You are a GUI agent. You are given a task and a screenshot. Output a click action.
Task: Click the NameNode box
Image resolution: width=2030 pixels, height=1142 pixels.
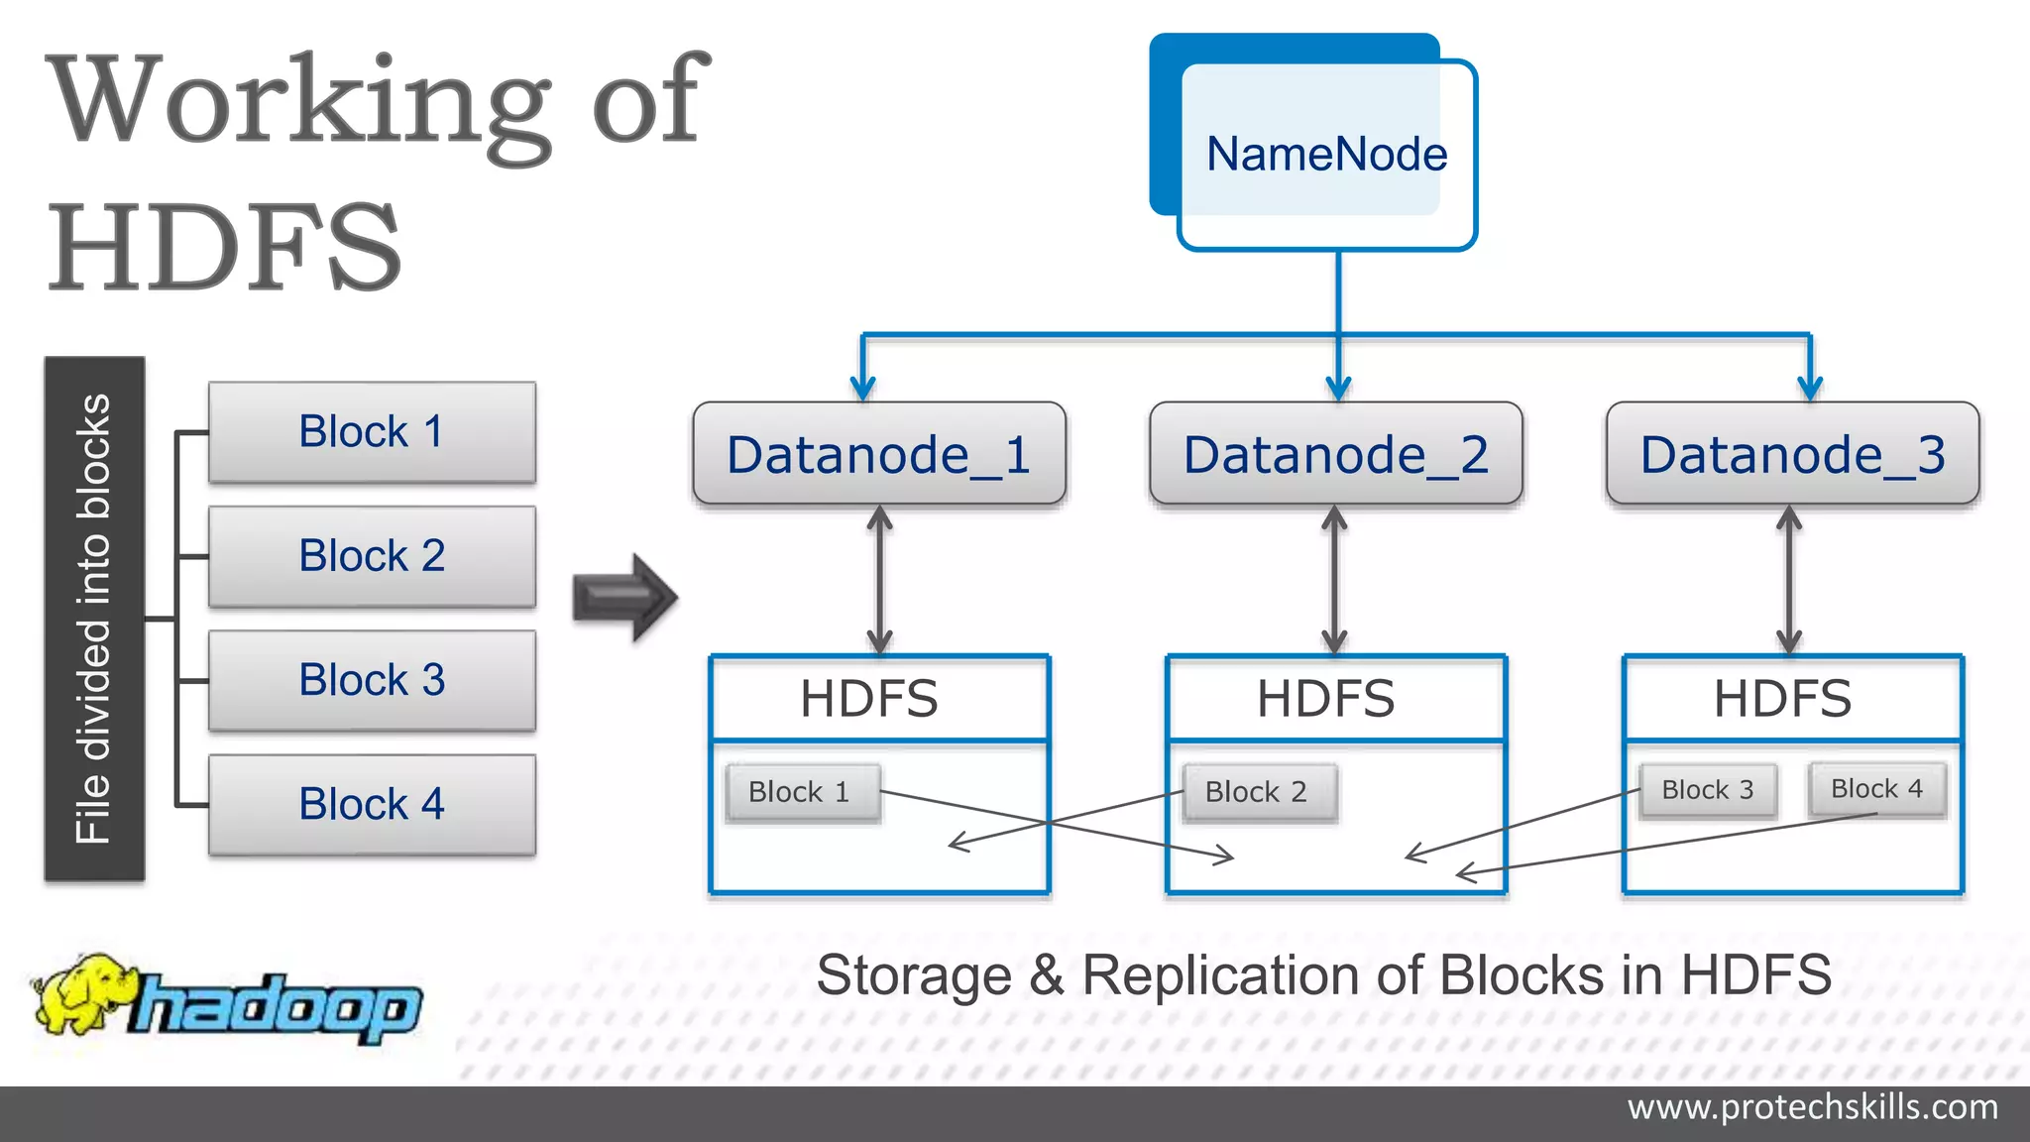pos(1326,155)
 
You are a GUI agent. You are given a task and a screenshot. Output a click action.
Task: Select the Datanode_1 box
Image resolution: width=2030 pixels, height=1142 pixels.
pos(879,454)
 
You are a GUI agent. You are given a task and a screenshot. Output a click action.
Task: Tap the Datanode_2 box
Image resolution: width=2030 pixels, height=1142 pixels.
pos(1335,454)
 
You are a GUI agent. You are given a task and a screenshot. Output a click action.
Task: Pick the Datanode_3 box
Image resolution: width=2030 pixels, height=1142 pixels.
pos(1792,454)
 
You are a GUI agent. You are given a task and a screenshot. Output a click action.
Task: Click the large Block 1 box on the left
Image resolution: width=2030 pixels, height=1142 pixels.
pos(372,432)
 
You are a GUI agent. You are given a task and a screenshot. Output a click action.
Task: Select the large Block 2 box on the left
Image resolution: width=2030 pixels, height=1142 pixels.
pos(372,556)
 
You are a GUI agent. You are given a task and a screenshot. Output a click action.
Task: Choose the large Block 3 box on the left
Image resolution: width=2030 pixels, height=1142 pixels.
pos(372,680)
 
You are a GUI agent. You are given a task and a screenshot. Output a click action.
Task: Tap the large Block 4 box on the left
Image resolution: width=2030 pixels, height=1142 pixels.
pos(372,804)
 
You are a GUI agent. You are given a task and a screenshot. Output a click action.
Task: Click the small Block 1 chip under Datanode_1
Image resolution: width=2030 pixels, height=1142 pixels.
pos(801,792)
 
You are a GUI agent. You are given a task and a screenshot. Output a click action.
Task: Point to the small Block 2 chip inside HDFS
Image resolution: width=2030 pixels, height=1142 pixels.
pos(1257,792)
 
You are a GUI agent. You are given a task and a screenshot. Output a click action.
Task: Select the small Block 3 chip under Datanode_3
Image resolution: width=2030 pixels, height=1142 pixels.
pos(1707,790)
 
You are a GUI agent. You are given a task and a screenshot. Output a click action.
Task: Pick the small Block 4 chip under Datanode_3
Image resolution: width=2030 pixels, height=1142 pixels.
pos(1876,789)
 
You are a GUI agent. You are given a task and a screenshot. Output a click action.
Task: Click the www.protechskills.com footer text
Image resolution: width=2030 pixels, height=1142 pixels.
pos(1812,1107)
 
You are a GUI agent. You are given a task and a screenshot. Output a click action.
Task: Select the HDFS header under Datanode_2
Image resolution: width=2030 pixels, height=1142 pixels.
pos(1326,699)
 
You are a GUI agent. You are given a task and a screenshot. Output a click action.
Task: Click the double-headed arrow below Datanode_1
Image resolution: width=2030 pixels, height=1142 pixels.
pos(880,580)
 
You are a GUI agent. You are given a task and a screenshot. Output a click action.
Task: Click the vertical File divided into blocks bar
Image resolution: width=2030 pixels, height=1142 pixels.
pos(94,619)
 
